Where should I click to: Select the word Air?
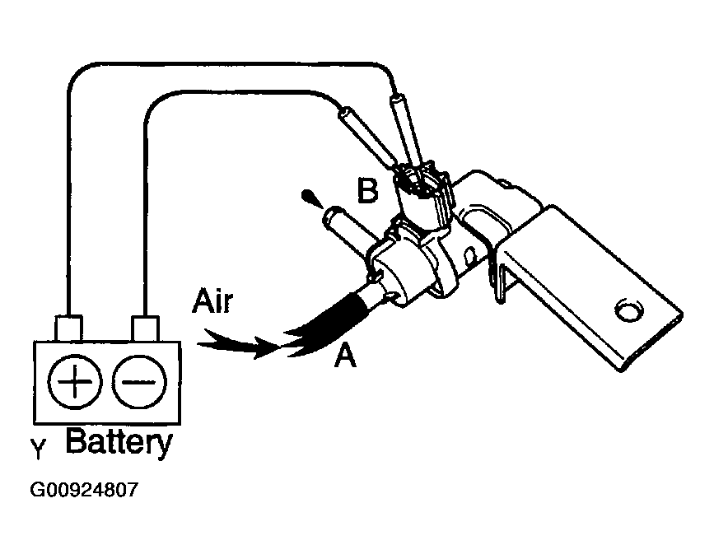(x=213, y=300)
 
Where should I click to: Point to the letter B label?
(x=367, y=191)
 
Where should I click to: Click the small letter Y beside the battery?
(x=38, y=449)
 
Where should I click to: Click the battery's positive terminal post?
(x=66, y=327)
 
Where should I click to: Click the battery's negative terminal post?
(x=145, y=327)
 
